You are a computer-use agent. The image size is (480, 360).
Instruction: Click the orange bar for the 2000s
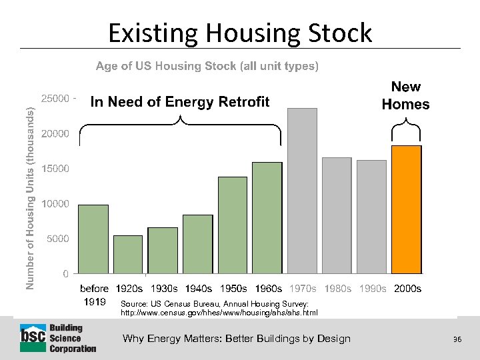pyautogui.click(x=406, y=209)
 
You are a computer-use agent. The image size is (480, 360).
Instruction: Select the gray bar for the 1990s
pyautogui.click(x=371, y=217)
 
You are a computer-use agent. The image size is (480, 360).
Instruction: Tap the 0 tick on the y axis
pyautogui.click(x=65, y=273)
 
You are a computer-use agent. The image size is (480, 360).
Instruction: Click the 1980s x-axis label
pyautogui.click(x=337, y=289)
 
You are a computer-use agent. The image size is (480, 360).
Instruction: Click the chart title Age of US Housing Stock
pyautogui.click(x=207, y=66)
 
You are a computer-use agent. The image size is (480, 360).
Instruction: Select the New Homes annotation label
pyautogui.click(x=405, y=95)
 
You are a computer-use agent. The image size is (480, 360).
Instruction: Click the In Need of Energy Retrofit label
pyautogui.click(x=180, y=101)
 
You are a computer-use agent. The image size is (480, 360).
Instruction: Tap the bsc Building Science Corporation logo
pyautogui.click(x=58, y=339)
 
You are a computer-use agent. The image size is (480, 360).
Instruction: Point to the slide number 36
pyautogui.click(x=457, y=339)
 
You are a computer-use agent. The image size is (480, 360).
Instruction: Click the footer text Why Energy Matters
pyautogui.click(x=236, y=339)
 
